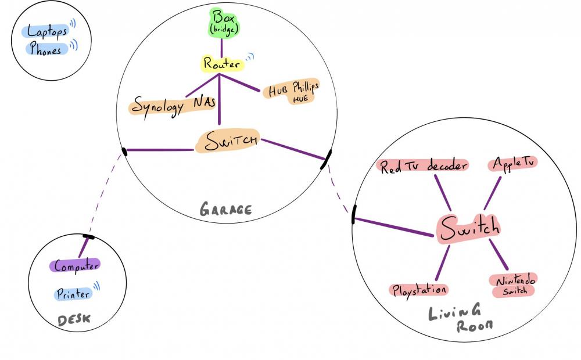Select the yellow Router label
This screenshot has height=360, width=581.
221,64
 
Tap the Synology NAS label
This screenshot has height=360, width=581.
173,107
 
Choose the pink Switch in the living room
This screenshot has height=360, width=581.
468,227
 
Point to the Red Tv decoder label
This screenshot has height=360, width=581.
423,166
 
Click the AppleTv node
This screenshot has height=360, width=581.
512,163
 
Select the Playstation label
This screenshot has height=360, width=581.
418,289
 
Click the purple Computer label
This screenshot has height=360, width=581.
76,266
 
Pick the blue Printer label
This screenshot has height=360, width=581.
74,294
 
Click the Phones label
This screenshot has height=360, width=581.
45,49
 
